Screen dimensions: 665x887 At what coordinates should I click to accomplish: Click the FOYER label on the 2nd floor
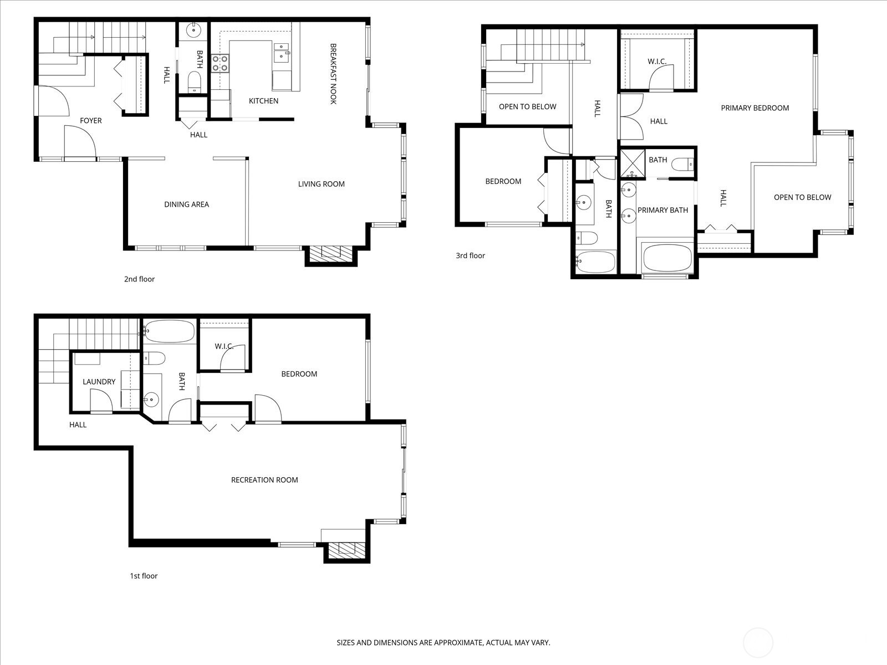[x=90, y=120]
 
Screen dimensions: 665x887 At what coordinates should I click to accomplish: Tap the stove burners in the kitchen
[x=220, y=63]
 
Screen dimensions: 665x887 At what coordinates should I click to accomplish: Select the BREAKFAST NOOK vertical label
[x=333, y=74]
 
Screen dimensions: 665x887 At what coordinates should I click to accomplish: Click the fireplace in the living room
[x=330, y=254]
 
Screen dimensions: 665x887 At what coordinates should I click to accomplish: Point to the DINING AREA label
[x=186, y=204]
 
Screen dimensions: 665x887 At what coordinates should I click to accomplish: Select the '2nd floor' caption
[x=139, y=279]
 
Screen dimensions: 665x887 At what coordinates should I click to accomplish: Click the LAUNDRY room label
[x=99, y=381]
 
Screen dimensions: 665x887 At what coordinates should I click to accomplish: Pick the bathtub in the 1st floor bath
[x=170, y=331]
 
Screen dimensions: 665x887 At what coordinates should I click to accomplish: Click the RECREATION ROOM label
[x=264, y=480]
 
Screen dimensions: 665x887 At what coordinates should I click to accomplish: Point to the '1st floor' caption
[x=144, y=576]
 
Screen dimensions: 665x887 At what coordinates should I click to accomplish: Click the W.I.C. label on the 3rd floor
[x=656, y=61]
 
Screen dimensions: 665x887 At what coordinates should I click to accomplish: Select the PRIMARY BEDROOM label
[x=755, y=108]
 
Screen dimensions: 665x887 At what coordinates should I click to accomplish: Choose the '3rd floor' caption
[x=470, y=255]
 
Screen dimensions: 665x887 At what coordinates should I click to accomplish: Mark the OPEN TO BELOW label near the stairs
[x=527, y=106]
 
